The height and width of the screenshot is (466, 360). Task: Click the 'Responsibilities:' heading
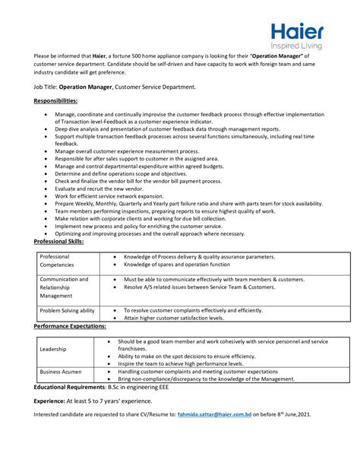56,100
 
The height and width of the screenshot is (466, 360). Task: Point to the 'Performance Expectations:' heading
69,325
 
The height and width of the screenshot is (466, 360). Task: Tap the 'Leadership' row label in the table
54,349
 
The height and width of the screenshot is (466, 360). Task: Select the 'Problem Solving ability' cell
67,310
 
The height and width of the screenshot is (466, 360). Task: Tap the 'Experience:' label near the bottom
50,401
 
